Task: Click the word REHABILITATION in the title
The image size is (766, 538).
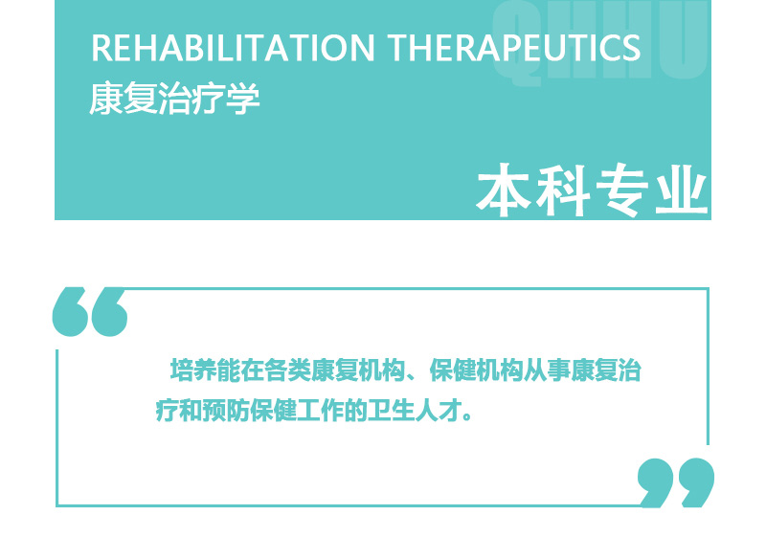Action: (233, 48)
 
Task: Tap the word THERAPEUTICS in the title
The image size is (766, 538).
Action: (514, 48)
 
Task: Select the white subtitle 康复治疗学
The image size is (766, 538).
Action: (174, 99)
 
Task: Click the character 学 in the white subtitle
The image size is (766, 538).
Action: (243, 99)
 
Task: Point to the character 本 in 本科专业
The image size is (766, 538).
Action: (504, 190)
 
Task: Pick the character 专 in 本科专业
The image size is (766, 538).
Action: (621, 190)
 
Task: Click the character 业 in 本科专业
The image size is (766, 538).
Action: (681, 190)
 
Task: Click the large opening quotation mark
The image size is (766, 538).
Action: (90, 311)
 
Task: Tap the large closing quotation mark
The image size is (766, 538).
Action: (676, 482)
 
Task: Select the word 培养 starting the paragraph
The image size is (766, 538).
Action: (193, 370)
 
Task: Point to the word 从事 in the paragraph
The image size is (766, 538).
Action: (547, 370)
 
